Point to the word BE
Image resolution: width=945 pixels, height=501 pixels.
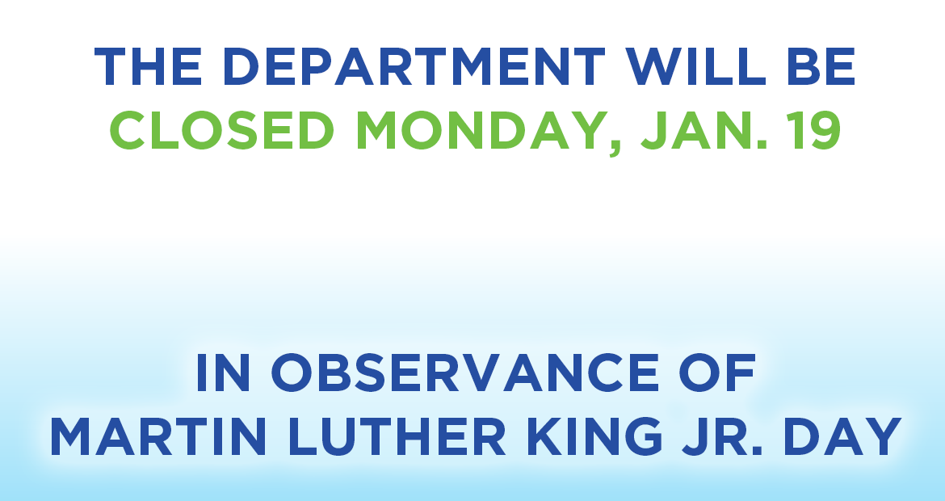pyautogui.click(x=821, y=68)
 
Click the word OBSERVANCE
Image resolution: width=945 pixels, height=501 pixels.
pyautogui.click(x=464, y=373)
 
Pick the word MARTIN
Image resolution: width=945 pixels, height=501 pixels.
pyautogui.click(x=157, y=437)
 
